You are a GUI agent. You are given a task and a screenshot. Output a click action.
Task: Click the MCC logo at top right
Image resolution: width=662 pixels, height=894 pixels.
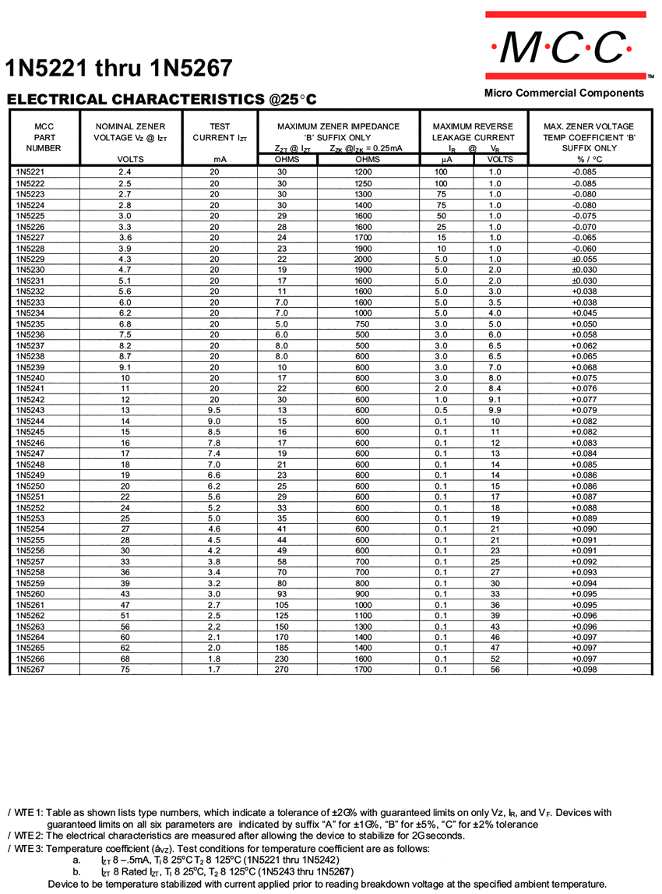point(565,48)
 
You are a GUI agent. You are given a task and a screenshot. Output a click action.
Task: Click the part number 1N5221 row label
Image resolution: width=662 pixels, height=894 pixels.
point(30,171)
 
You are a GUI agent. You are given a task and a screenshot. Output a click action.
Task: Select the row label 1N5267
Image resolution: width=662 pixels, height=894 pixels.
point(30,669)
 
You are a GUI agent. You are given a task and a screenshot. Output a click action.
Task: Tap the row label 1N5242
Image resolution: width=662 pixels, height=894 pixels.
point(30,399)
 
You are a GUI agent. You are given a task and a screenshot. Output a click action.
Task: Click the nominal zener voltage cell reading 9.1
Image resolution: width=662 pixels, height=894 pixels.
point(125,366)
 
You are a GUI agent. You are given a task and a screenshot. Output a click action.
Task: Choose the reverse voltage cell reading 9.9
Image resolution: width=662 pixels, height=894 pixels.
point(495,410)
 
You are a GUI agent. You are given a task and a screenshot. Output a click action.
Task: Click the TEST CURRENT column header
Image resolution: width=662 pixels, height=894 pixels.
point(220,133)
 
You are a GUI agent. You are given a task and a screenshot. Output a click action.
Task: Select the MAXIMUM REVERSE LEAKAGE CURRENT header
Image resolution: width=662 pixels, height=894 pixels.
point(473,132)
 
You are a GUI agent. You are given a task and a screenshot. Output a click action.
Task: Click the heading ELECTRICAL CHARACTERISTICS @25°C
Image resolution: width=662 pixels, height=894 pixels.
point(162,100)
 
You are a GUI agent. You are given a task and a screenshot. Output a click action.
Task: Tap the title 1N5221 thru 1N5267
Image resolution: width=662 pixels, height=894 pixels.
point(119,69)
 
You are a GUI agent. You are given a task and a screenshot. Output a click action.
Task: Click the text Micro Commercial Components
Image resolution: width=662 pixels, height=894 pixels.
point(564,93)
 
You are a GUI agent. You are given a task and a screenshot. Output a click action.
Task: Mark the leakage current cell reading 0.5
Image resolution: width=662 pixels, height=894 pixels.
point(441,410)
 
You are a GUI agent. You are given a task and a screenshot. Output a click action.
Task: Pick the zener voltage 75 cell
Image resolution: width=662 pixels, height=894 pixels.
point(125,669)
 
